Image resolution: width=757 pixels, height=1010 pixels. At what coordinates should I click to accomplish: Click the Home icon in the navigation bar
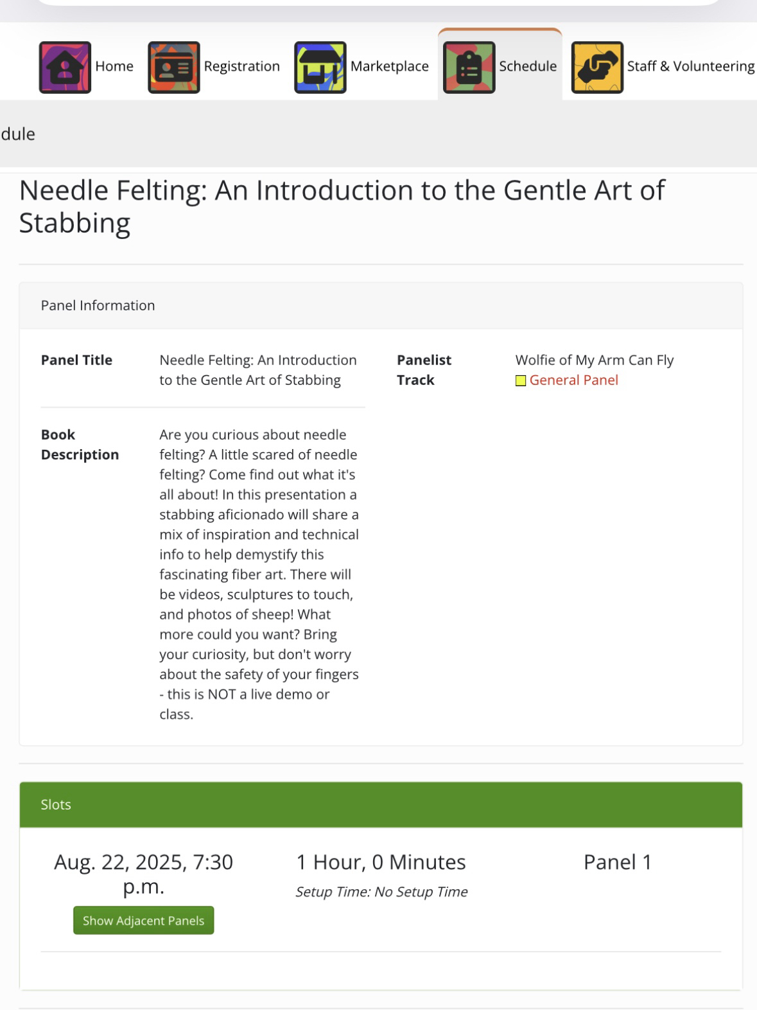(x=65, y=67)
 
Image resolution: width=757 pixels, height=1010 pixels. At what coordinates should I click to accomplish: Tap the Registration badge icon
(x=173, y=67)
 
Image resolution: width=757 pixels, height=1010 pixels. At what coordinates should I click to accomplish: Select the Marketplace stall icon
(x=320, y=67)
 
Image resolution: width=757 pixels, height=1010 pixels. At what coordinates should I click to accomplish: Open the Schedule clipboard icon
(x=469, y=67)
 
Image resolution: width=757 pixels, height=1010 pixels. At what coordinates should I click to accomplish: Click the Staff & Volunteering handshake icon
(x=597, y=67)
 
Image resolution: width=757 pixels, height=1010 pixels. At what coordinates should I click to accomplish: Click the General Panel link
(x=573, y=380)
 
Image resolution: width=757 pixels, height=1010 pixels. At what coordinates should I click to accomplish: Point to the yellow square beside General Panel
(x=521, y=381)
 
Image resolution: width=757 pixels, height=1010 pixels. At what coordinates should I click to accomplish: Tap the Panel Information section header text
(x=98, y=306)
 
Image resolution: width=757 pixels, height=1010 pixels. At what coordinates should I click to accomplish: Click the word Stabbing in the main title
(x=74, y=223)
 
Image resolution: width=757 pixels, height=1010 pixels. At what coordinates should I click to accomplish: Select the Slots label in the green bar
(x=56, y=804)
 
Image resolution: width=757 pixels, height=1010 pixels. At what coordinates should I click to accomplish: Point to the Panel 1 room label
(x=617, y=862)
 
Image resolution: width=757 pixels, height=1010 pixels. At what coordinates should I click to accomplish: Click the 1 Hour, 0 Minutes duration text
(x=381, y=862)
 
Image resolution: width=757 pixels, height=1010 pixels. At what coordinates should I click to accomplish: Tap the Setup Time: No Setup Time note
(x=381, y=892)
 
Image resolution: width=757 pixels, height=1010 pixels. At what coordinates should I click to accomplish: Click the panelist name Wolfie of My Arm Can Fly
(x=594, y=360)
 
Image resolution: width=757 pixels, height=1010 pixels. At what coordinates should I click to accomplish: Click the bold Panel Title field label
(x=76, y=360)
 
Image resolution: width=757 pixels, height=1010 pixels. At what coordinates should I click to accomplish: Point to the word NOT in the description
(x=222, y=695)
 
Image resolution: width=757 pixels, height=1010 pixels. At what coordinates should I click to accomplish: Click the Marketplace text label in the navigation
(x=389, y=67)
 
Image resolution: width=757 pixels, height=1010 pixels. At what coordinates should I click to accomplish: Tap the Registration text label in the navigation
(x=241, y=67)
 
